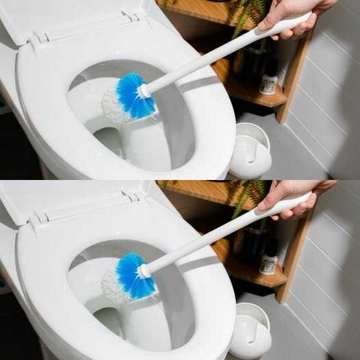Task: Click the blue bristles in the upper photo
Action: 130,96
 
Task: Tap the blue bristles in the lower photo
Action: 130,275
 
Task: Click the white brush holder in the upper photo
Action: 249,152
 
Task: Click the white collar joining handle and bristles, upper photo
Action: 145,90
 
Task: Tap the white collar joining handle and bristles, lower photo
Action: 145,270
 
